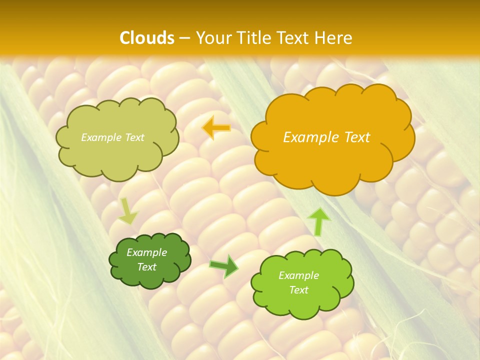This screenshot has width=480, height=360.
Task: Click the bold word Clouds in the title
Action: (147, 38)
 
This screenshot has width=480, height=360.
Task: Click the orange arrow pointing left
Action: (216, 128)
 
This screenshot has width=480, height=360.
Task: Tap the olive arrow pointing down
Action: (128, 211)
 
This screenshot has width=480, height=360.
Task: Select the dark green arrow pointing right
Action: (224, 266)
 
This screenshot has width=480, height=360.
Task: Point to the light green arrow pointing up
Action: (318, 221)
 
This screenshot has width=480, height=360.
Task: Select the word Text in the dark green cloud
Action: (146, 267)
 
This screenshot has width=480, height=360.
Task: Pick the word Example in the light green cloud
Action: (298, 275)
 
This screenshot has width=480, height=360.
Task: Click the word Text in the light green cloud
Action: (298, 290)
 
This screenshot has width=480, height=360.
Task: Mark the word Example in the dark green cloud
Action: (146, 252)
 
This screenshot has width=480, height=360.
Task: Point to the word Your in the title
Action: (213, 38)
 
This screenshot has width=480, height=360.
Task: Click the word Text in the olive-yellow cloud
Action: (134, 137)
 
